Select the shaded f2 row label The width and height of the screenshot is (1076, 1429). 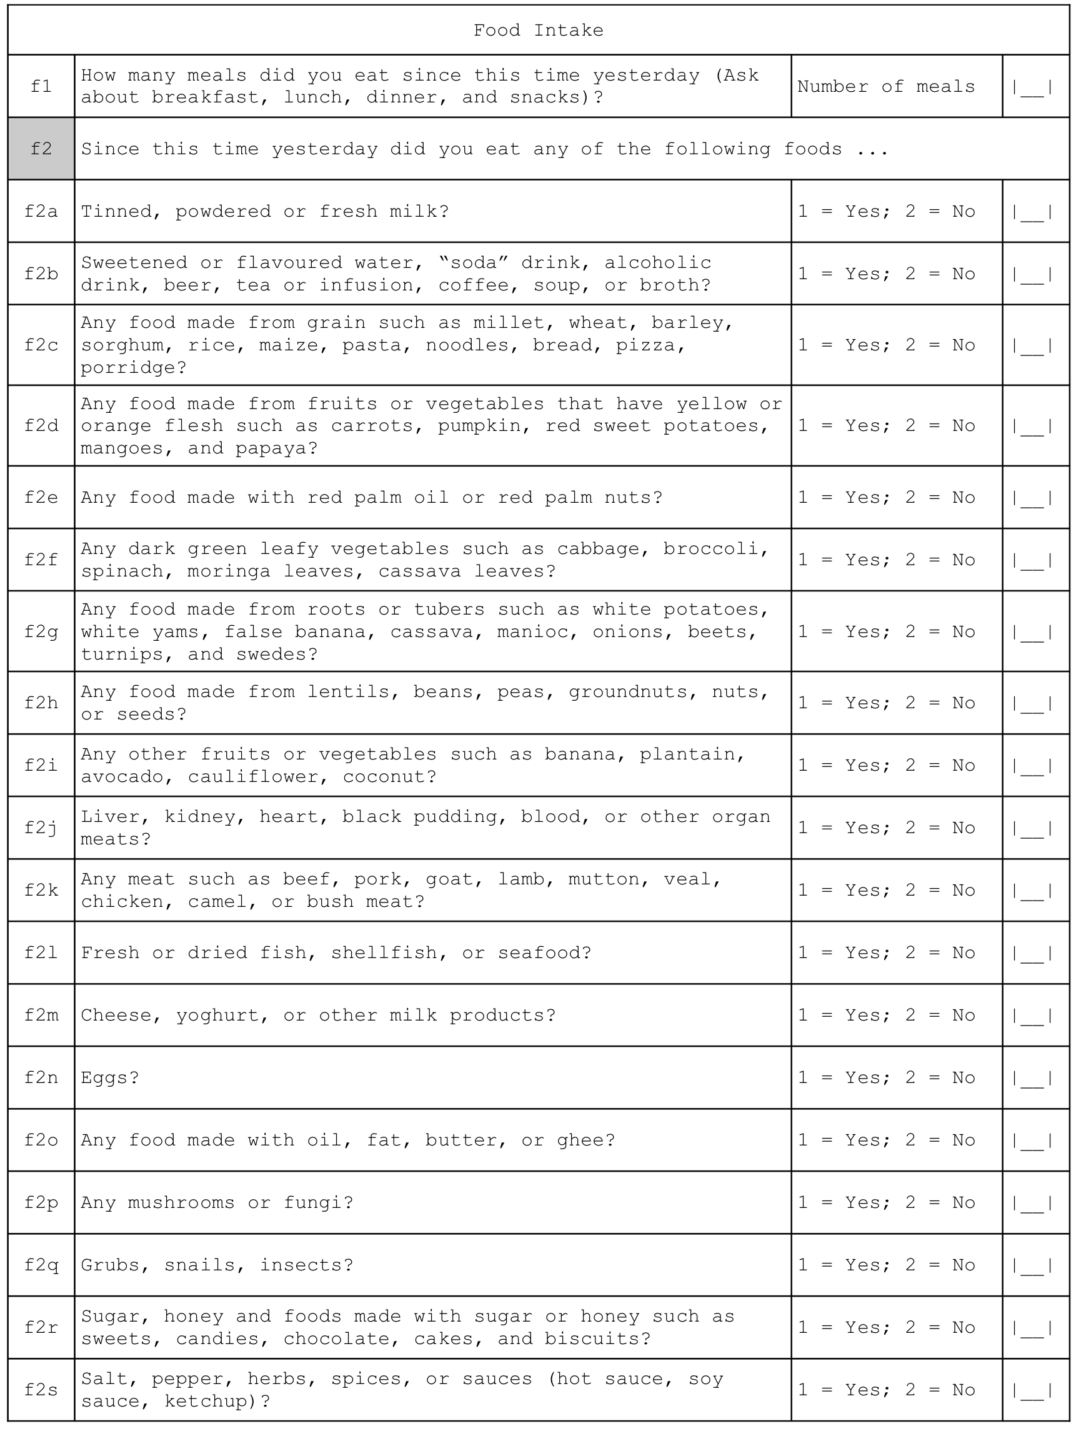[41, 149]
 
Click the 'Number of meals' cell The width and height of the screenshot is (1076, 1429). [885, 87]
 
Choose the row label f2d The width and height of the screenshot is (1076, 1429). [41, 426]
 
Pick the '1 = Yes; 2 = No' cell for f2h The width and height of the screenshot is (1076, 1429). [887, 703]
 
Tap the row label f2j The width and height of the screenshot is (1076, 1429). [41, 828]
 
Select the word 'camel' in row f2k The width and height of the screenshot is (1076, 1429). [217, 902]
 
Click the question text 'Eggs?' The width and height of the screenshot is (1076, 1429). [110, 1078]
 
